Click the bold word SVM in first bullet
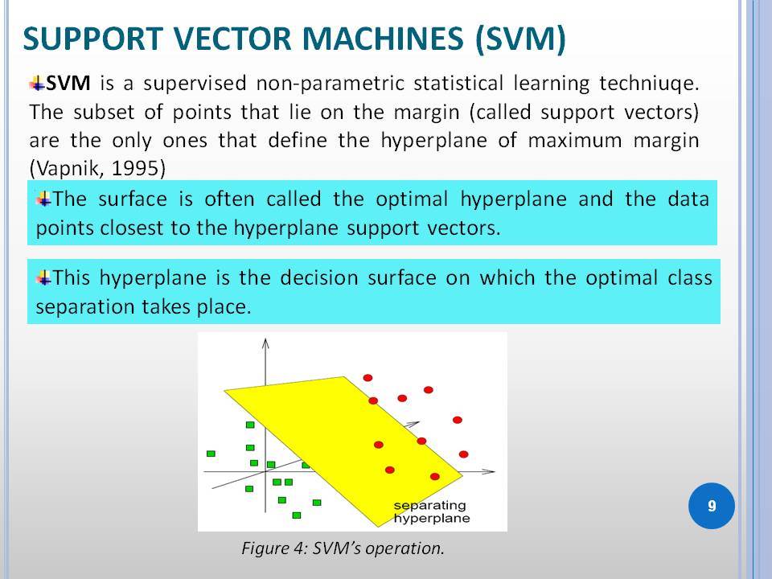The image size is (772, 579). [68, 83]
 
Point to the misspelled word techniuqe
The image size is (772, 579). [649, 83]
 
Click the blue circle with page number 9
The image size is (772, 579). [712, 506]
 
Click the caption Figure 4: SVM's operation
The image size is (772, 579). [343, 548]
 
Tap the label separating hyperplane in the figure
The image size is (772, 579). [432, 511]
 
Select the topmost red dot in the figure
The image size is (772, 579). [368, 378]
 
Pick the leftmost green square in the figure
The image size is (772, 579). [211, 454]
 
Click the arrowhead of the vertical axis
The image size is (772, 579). [265, 343]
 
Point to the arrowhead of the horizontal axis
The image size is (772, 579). [489, 471]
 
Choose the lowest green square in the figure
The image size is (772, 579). [297, 515]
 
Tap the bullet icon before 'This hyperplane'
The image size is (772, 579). [43, 278]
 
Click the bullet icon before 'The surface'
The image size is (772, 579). [43, 199]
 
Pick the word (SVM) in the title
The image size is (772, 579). [520, 39]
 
